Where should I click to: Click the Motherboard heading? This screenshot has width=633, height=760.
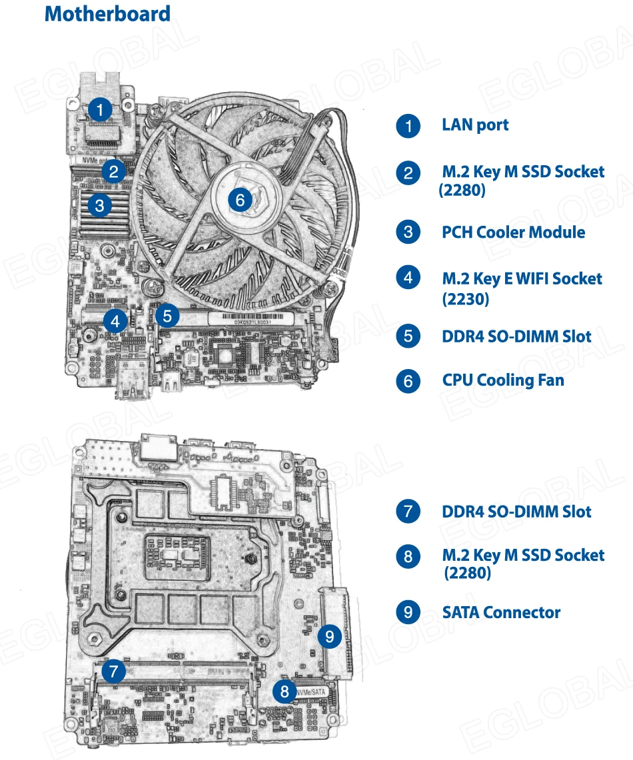coord(107,14)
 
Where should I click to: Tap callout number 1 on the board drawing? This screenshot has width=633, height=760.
coord(100,109)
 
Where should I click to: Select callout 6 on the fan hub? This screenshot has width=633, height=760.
coord(241,198)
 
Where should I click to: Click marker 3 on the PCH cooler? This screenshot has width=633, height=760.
coord(99,205)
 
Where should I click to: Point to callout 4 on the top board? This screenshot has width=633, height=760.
coord(116,322)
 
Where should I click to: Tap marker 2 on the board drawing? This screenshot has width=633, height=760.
coord(114,173)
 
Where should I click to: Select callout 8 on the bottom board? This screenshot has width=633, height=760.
coord(285,691)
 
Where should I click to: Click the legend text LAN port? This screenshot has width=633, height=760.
coord(475,125)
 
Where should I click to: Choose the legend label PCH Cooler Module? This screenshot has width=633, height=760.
coord(513,232)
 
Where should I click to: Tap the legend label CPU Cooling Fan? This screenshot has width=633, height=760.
coord(502,380)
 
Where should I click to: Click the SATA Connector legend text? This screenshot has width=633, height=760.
coord(501,612)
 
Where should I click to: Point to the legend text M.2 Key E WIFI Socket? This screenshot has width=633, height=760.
coord(522,278)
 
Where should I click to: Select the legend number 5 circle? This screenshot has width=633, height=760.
coord(408,336)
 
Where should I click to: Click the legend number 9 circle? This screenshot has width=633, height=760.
coord(408,612)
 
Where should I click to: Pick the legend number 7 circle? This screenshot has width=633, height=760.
coord(408,512)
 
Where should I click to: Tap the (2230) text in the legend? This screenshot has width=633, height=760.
coord(465,299)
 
